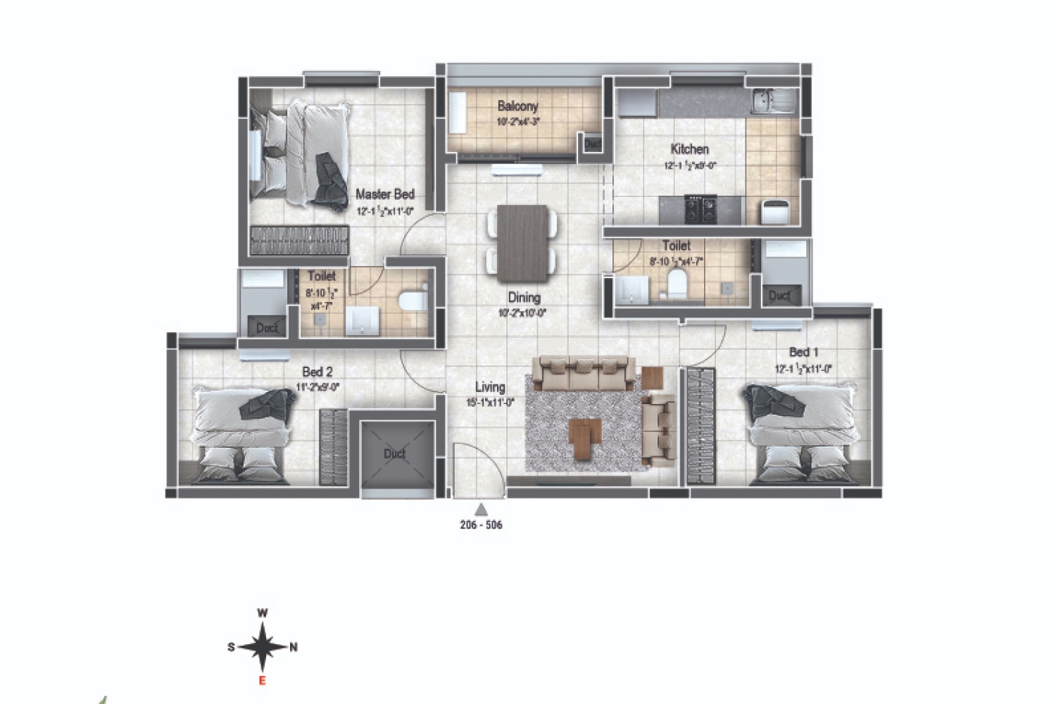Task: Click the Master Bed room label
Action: tap(384, 194)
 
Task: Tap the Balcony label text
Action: tap(517, 106)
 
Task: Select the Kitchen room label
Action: tap(689, 149)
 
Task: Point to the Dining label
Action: tap(524, 298)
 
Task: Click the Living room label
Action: tap(489, 387)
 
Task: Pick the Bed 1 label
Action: tap(803, 352)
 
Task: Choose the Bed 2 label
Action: tap(317, 372)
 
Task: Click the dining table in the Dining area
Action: tap(522, 241)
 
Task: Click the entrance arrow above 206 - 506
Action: tap(481, 509)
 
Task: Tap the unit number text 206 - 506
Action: tap(481, 525)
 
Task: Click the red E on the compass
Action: tap(262, 680)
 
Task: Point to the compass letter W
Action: tap(262, 613)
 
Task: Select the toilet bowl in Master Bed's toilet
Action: tap(412, 301)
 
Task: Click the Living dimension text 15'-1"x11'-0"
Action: tap(489, 403)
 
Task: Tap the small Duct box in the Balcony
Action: tap(591, 143)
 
